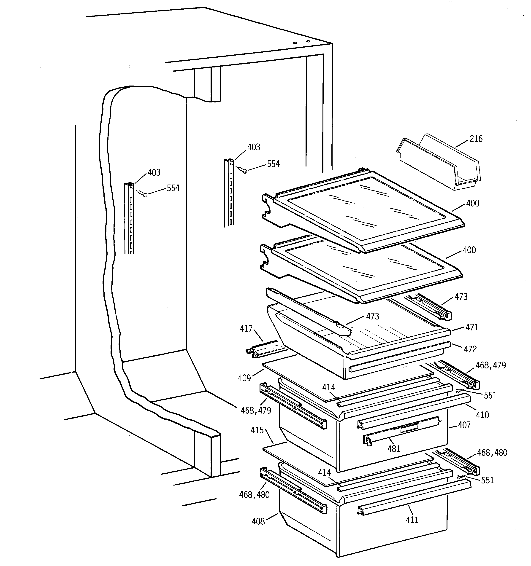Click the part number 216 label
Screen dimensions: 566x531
476,139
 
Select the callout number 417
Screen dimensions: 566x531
246,329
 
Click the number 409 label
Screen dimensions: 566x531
244,378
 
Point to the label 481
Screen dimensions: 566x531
394,449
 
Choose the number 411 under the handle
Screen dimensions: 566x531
412,520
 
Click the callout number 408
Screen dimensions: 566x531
258,521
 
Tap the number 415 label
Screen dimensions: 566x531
257,430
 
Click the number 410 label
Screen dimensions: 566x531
482,415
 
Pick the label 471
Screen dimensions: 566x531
472,327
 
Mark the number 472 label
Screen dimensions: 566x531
470,349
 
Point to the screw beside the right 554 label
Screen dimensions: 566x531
243,170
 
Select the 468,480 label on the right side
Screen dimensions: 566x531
492,453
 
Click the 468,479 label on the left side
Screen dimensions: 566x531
256,410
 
